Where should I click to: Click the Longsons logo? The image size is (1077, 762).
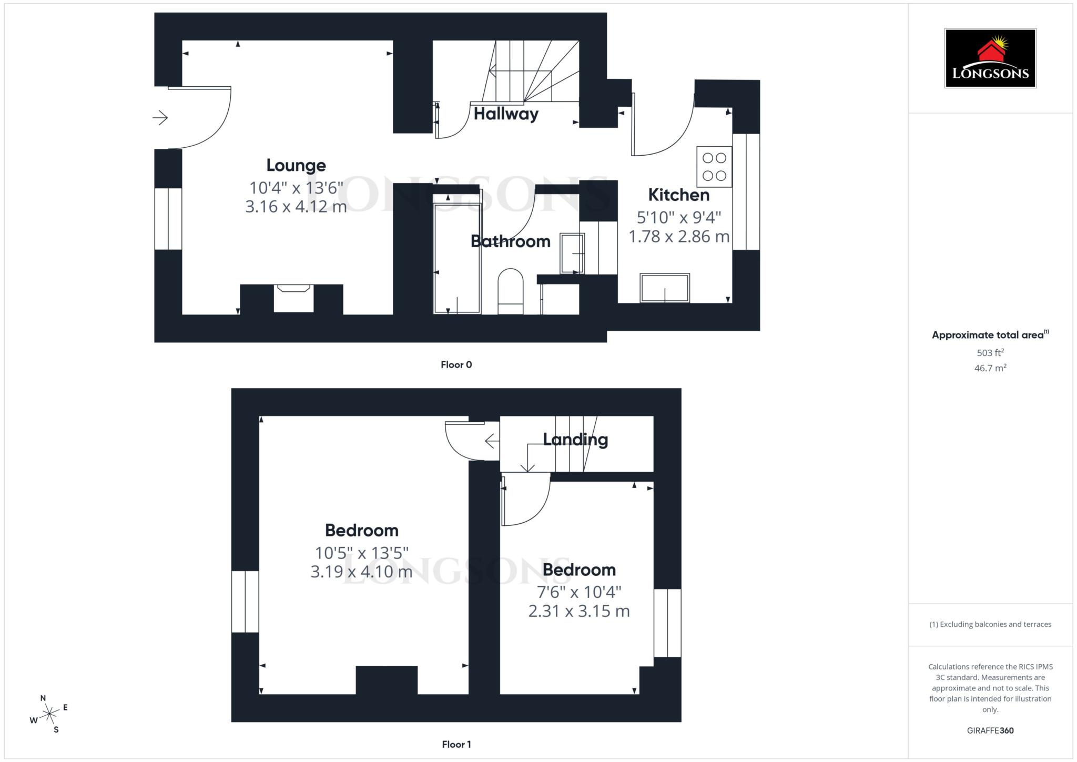point(990,58)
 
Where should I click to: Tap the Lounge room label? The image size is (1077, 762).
point(296,166)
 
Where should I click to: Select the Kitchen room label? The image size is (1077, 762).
point(678,195)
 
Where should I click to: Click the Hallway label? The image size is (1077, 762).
point(506,114)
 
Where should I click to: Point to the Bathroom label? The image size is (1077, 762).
point(510,241)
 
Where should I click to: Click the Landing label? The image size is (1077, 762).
point(575,440)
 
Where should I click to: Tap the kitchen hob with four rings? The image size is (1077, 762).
point(714,167)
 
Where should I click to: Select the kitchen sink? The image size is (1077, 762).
point(665,288)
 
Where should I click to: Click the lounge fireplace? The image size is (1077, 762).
point(293,298)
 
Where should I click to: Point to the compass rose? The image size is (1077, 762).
point(49,714)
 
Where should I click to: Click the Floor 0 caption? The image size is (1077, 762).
point(456,365)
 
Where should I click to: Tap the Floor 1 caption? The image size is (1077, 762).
point(456,745)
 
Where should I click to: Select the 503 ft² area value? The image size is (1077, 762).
point(990,353)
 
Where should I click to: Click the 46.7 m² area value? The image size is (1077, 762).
point(990,368)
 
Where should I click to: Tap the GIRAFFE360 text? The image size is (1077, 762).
point(990,730)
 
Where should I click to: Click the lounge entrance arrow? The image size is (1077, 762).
point(160,117)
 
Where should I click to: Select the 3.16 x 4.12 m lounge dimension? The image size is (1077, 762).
point(296,207)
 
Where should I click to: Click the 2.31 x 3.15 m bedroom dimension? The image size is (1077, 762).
point(579,611)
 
